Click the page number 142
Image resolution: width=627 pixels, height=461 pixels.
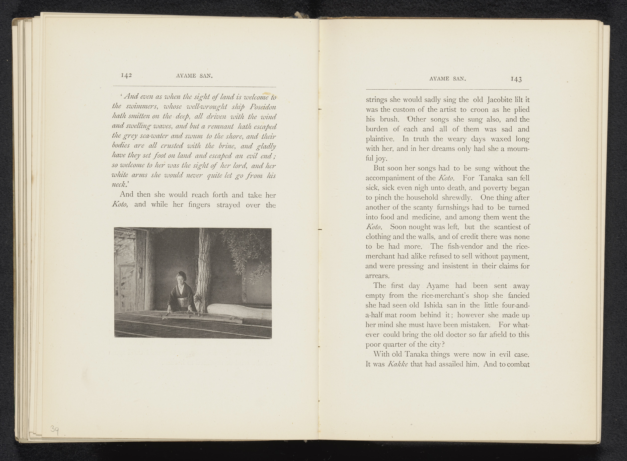[126, 76]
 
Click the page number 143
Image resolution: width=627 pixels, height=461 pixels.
[516, 79]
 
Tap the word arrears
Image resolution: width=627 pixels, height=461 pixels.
[377, 276]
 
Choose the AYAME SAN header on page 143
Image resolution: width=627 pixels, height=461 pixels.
[448, 79]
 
